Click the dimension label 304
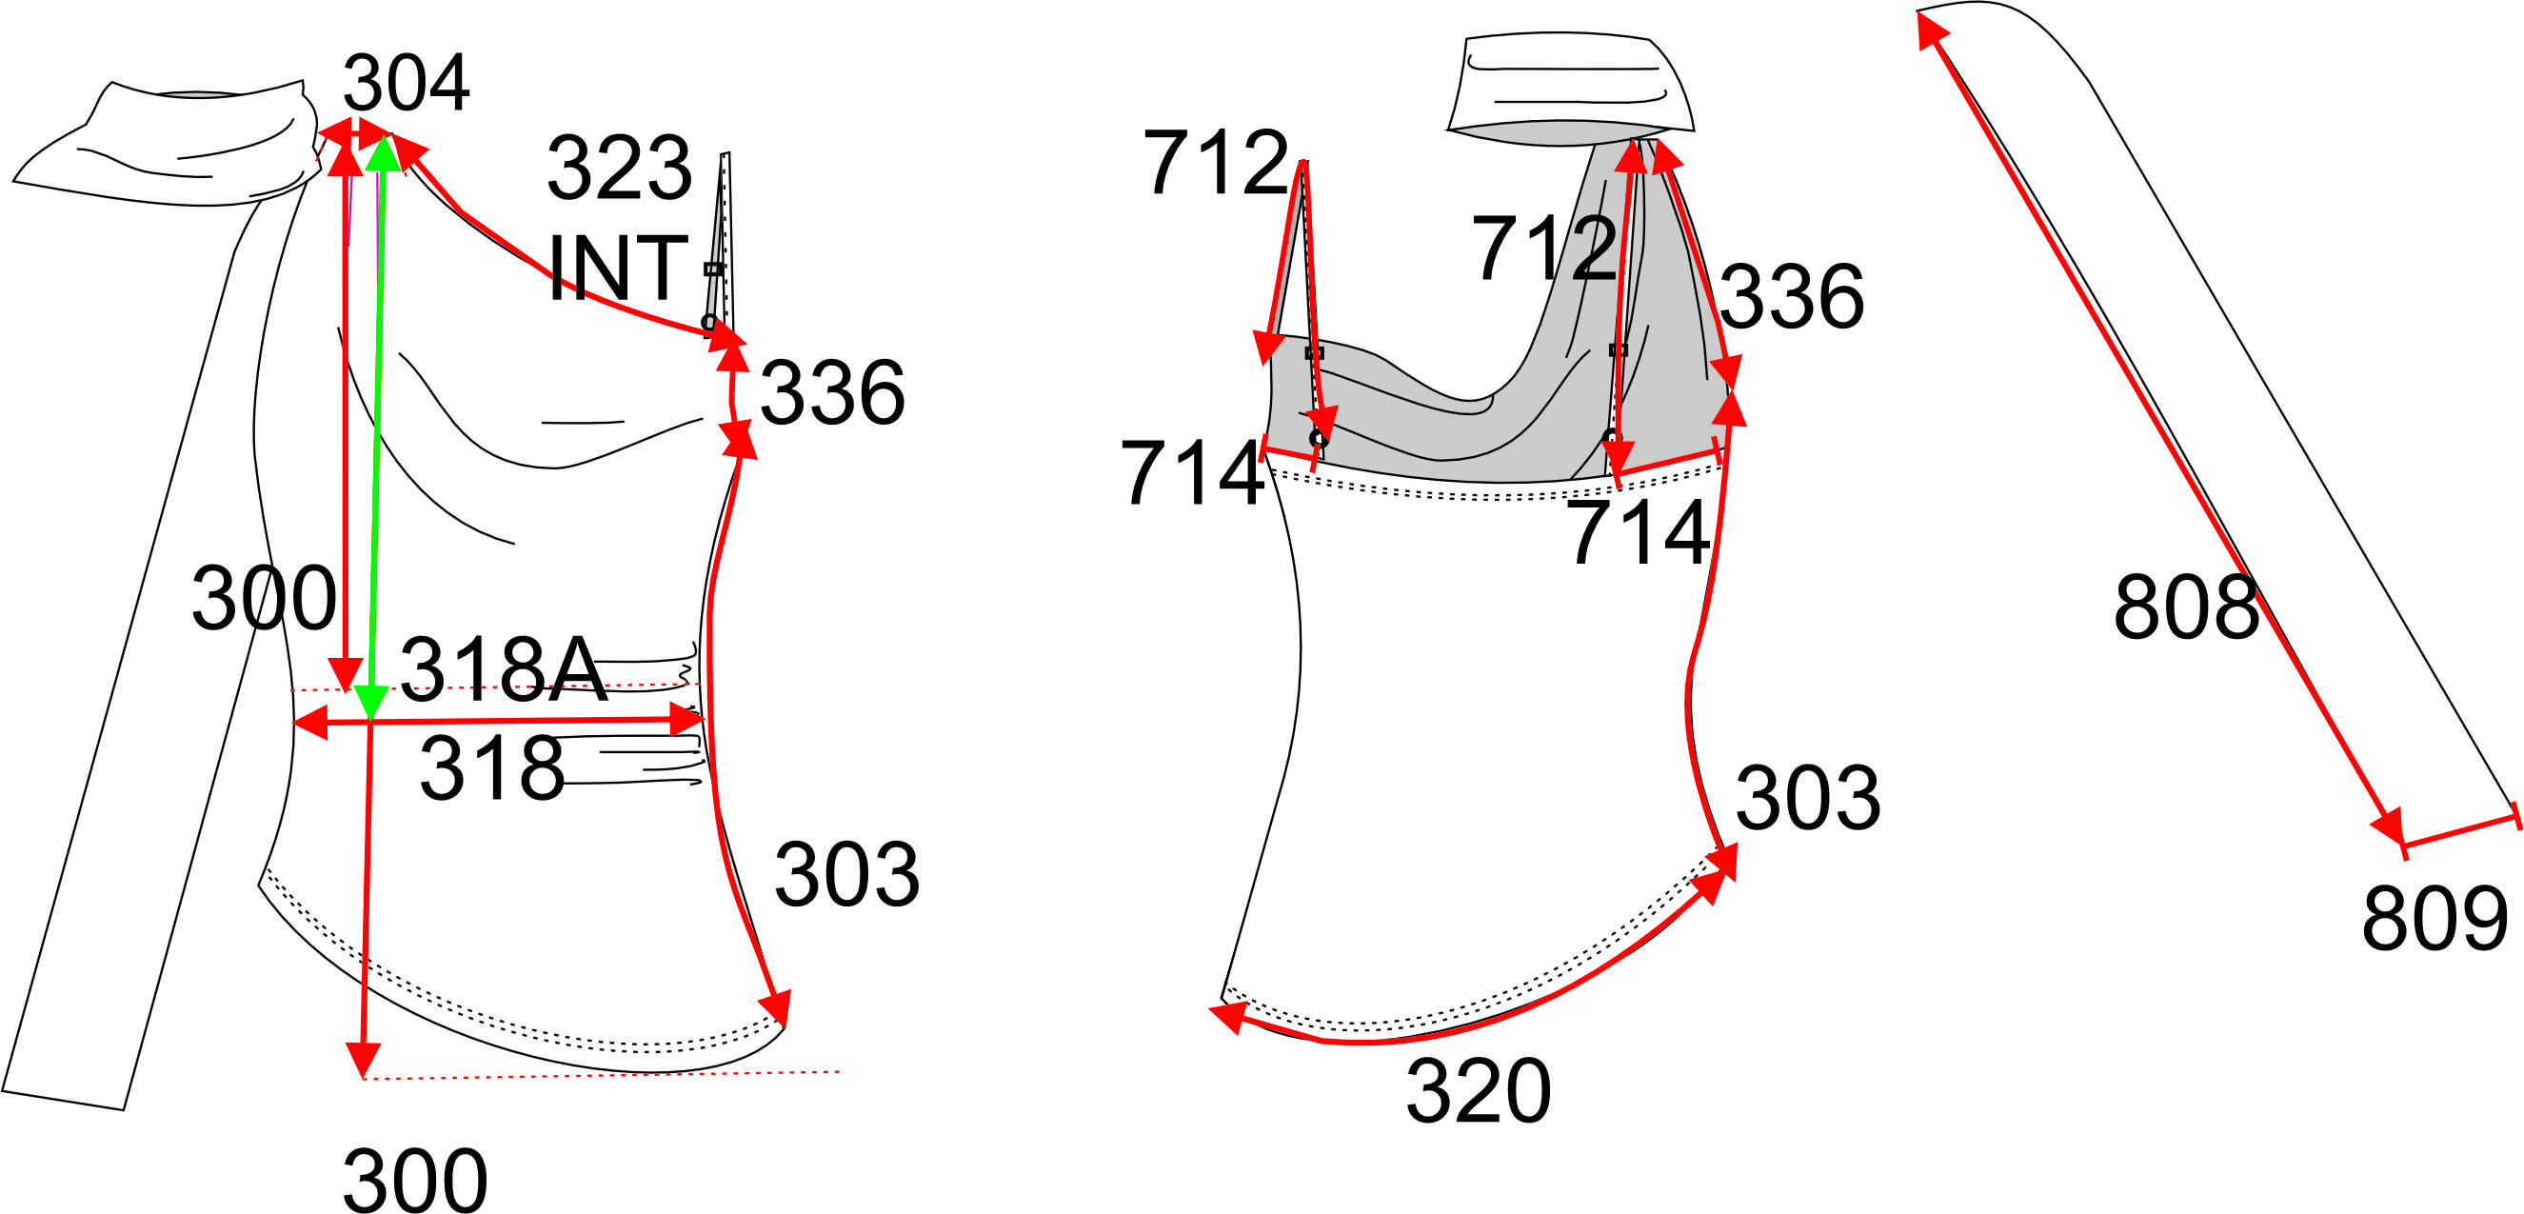pos(407,83)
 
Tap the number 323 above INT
pos(620,169)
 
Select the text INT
pos(617,268)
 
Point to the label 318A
pos(504,669)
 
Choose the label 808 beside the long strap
pos(2186,607)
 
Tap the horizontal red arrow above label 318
pos(499,722)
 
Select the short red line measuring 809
pos(2459,829)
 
